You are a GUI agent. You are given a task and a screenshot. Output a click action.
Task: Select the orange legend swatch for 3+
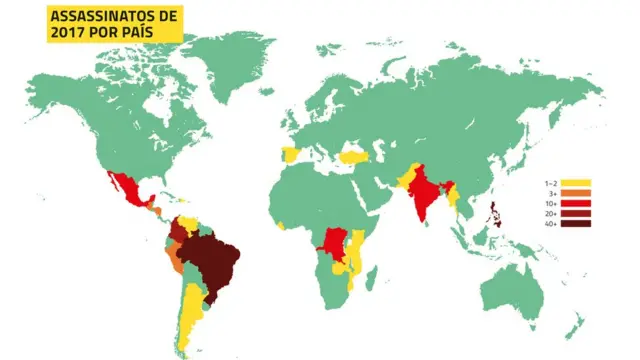tap(577, 193)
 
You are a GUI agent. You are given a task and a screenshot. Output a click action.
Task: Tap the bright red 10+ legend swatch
tap(577, 203)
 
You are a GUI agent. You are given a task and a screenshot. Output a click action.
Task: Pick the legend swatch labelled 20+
tap(577, 213)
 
